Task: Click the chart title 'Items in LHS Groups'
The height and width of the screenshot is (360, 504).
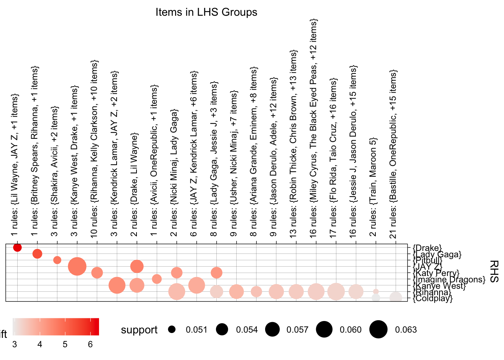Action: pyautogui.click(x=206, y=12)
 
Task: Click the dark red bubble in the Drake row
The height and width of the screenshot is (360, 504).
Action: pyautogui.click(x=17, y=247)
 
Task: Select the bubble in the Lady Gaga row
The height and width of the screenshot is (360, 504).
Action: pyautogui.click(x=37, y=254)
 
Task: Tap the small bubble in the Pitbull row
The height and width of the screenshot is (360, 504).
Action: pyautogui.click(x=57, y=260)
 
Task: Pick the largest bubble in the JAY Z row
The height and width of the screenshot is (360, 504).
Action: pyautogui.click(x=77, y=267)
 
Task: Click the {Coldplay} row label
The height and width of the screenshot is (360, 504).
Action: pyautogui.click(x=432, y=298)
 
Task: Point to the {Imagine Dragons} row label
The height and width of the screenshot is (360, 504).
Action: pyautogui.click(x=449, y=279)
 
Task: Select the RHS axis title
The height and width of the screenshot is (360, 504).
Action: pyautogui.click(x=494, y=271)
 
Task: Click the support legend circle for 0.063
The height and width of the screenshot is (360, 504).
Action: pyautogui.click(x=378, y=330)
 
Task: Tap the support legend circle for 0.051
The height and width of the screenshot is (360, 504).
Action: pyautogui.click(x=172, y=330)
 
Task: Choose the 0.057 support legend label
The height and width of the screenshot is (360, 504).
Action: pyautogui.click(x=297, y=330)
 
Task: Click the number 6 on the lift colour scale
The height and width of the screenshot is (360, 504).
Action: pyautogui.click(x=90, y=344)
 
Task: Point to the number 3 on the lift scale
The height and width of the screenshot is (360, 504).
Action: pyautogui.click(x=15, y=344)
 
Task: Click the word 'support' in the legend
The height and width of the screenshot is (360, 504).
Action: pyautogui.click(x=139, y=330)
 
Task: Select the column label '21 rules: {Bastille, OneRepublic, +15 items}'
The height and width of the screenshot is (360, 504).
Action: pyautogui.click(x=393, y=154)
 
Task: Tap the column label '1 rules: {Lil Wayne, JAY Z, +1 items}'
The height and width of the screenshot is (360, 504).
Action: pyautogui.click(x=14, y=165)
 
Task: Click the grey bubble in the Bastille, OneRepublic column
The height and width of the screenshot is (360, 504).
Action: pyautogui.click(x=396, y=298)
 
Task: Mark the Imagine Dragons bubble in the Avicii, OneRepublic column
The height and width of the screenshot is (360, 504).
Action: pyautogui.click(x=157, y=279)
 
